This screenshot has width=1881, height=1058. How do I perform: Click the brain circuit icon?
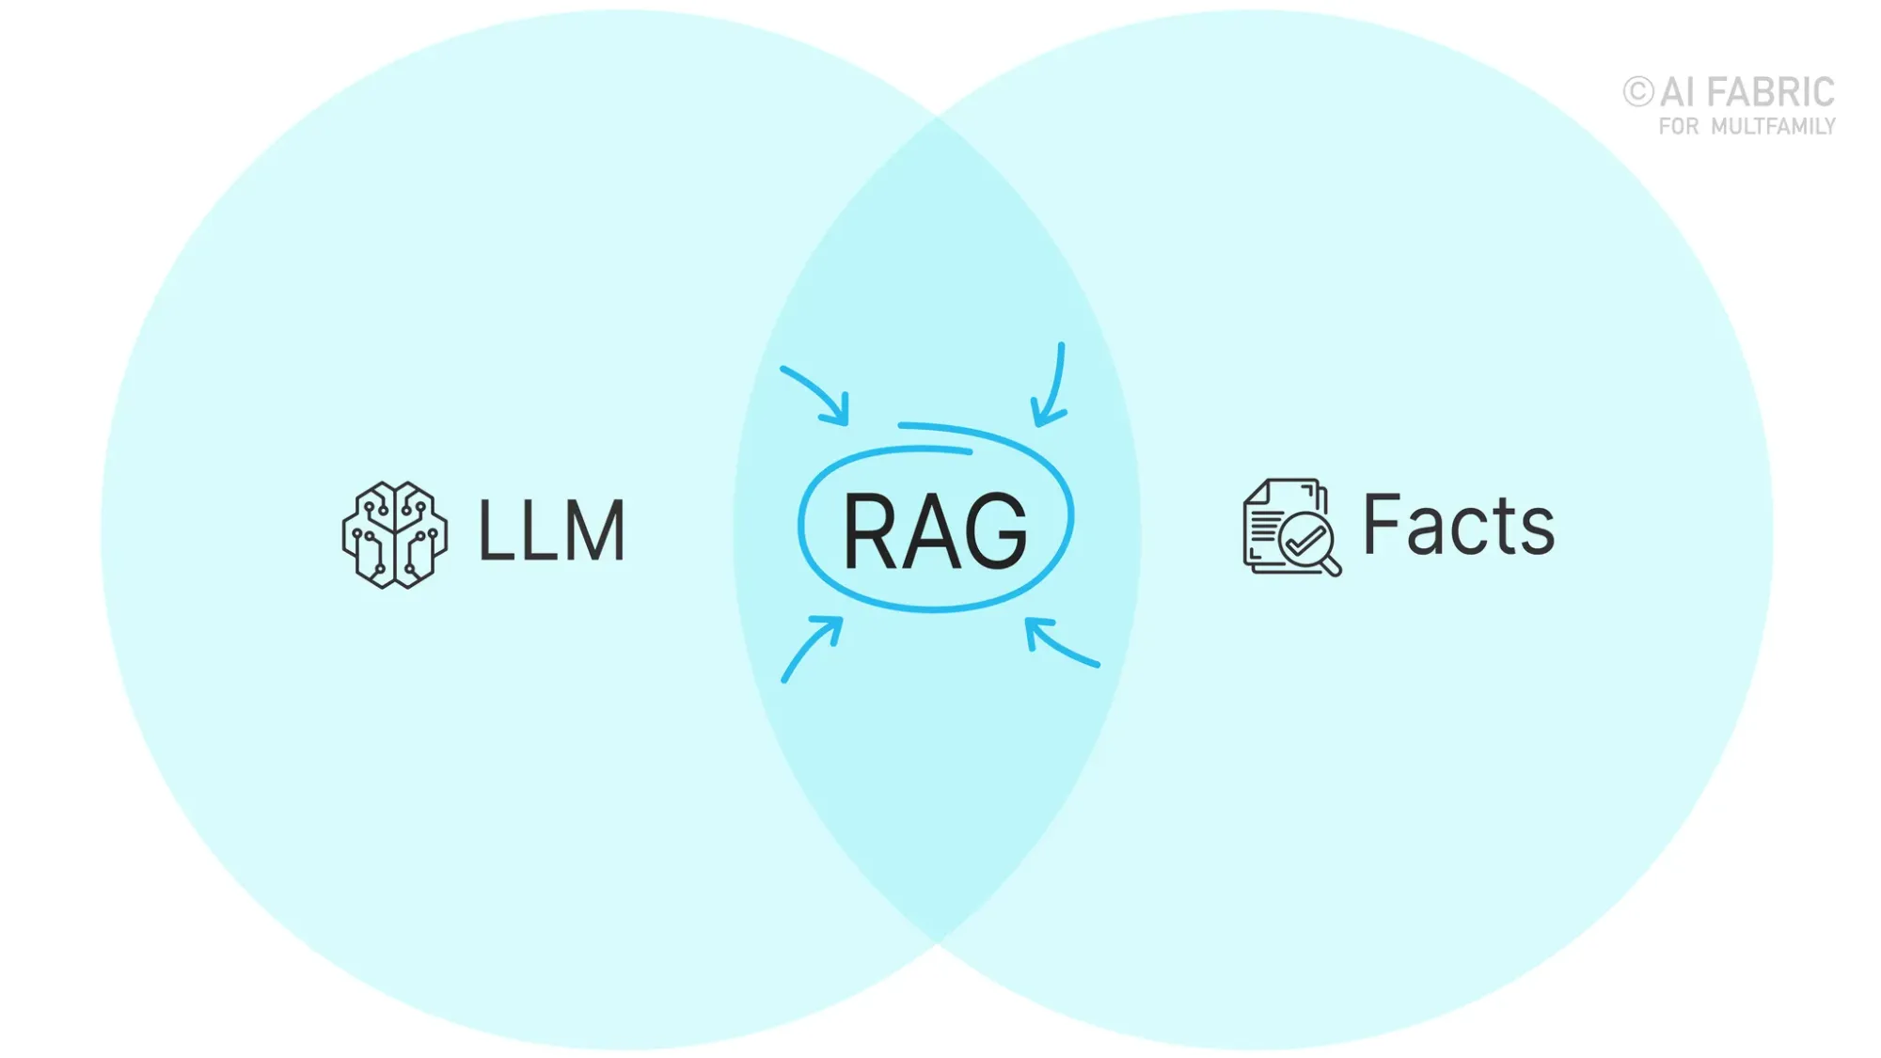point(394,535)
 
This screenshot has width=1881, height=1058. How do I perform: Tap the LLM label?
point(551,531)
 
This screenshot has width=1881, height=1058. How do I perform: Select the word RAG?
point(935,531)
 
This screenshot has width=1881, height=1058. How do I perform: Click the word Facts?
point(1458,525)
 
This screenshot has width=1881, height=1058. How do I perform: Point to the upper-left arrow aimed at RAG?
point(816,395)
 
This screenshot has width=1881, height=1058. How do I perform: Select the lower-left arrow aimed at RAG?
point(812,648)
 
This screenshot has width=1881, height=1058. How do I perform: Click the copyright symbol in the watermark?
point(1637,92)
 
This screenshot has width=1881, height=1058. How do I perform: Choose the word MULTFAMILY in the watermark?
point(1773,127)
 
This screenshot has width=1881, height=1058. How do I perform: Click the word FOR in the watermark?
point(1679,127)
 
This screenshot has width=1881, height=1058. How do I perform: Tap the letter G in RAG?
point(997,531)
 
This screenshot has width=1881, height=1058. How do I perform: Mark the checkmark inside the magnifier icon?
point(1304,541)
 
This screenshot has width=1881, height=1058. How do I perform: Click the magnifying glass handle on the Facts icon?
point(1332,566)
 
